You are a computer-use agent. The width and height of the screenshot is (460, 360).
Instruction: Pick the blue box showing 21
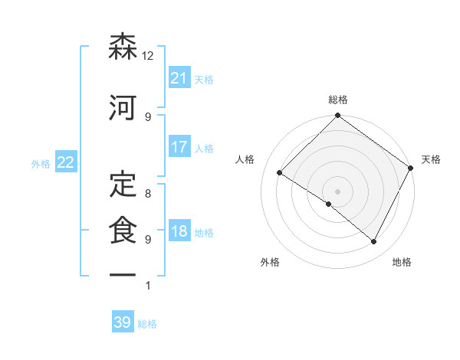coord(179,78)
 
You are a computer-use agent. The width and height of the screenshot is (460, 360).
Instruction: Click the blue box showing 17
coord(179,147)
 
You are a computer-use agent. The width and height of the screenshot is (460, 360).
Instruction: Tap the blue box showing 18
coord(179,231)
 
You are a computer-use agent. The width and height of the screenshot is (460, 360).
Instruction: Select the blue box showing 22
coord(65,163)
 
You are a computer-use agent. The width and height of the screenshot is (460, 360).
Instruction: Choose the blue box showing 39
coord(122,322)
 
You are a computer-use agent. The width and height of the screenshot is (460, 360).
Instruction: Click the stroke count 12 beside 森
coord(148,56)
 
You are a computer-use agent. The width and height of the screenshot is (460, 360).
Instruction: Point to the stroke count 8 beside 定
coord(148,195)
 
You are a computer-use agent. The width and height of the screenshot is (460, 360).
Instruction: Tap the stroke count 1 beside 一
coord(148,286)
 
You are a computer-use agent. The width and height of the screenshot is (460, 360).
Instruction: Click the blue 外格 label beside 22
coord(41,164)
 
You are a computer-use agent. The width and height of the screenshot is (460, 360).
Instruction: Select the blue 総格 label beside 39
coord(147,324)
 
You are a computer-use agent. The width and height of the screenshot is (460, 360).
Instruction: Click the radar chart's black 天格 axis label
coord(431,159)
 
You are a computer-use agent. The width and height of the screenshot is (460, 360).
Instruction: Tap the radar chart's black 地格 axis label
coord(402,262)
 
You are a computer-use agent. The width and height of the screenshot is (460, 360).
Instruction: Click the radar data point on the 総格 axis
coord(337,116)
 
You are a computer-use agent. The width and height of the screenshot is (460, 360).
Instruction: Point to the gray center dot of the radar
coord(337,191)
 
